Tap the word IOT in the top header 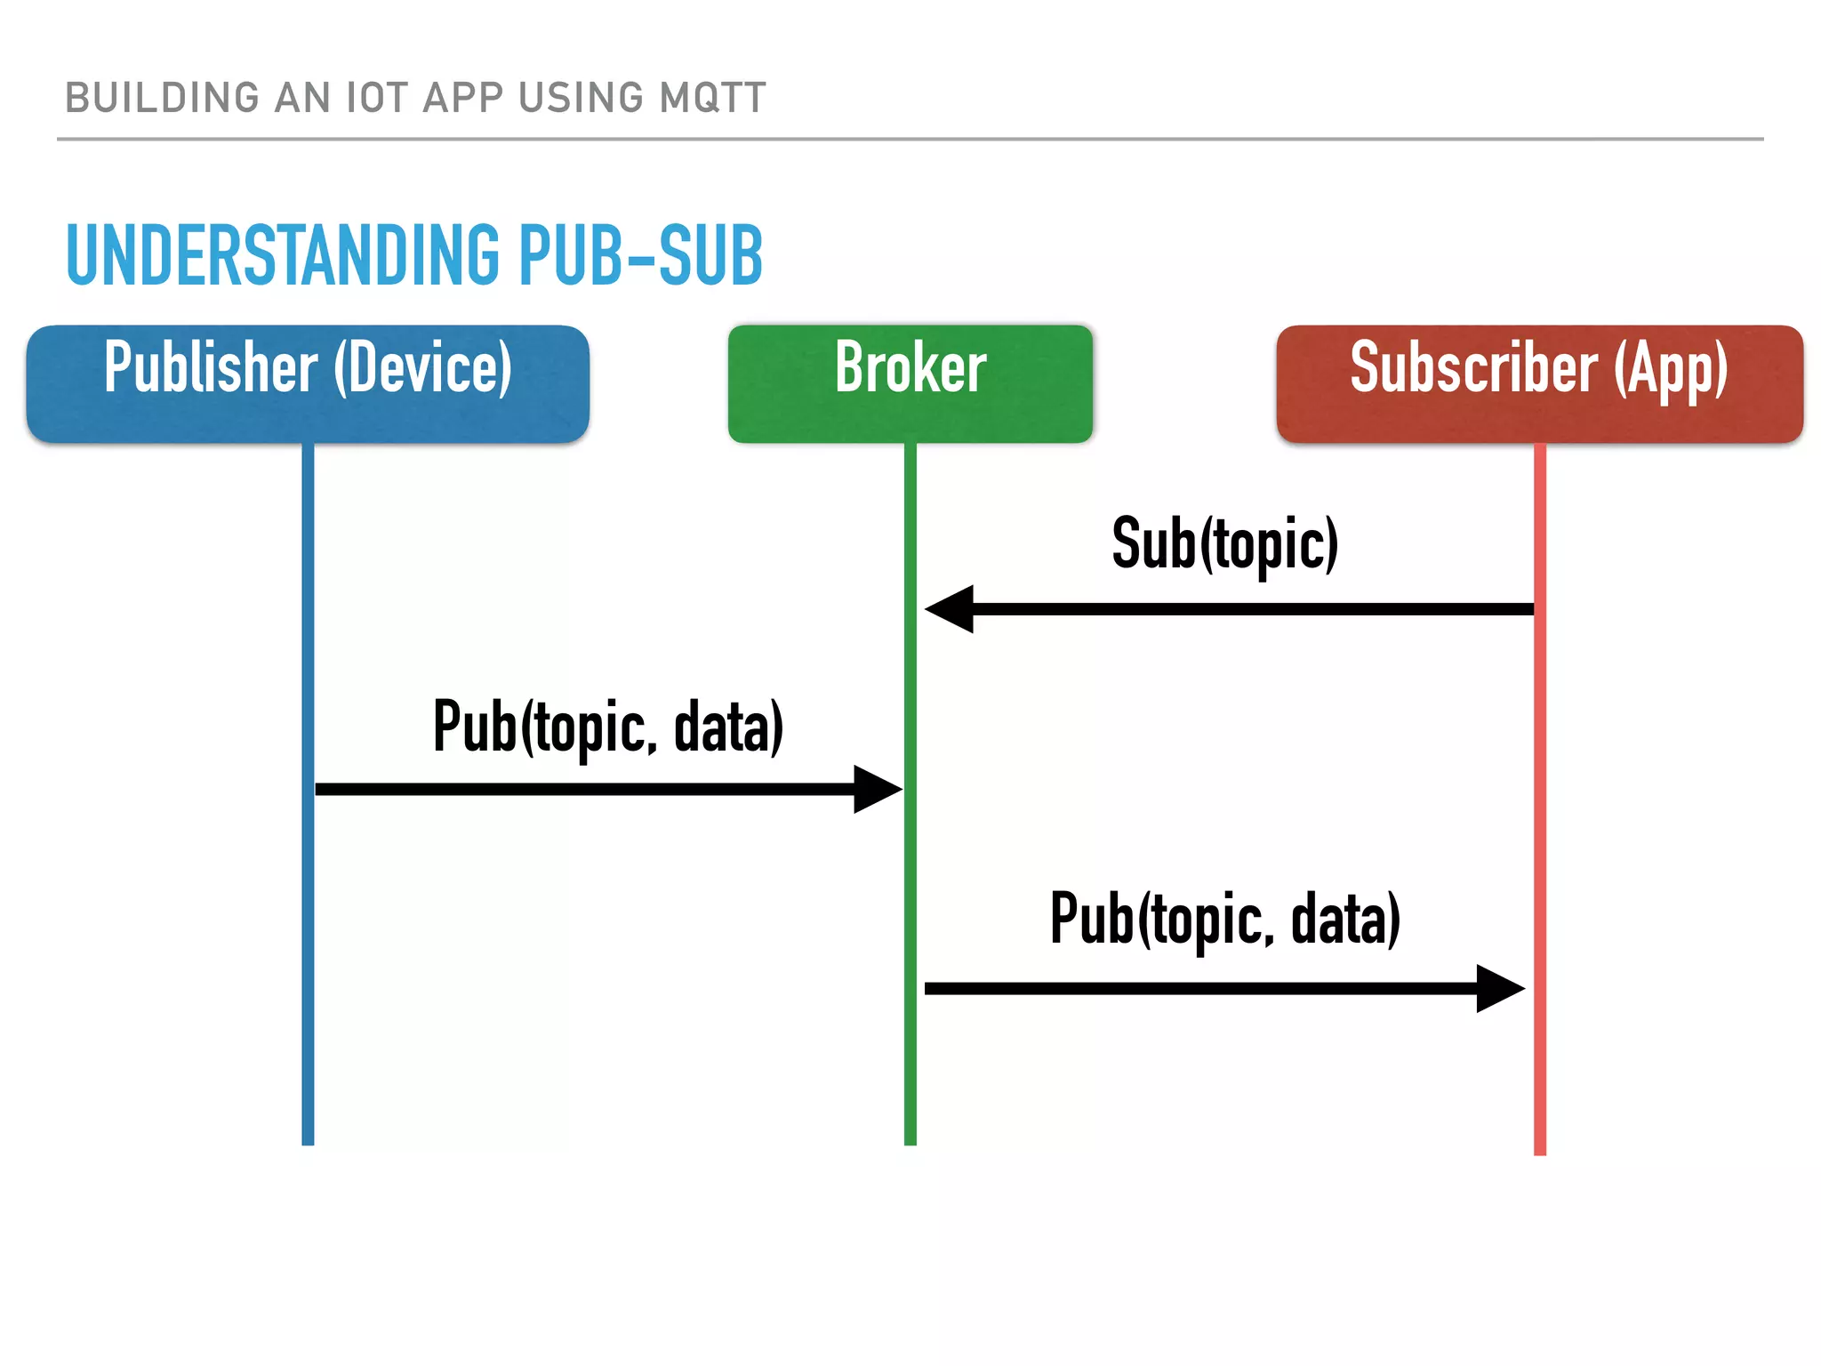377,98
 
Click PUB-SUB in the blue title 640,255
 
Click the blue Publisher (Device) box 308,383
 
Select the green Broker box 910,383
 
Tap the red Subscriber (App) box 1539,383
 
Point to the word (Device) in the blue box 423,368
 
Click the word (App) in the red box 1671,368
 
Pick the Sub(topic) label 1224,543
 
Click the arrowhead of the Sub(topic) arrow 948,609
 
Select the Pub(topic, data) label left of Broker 608,727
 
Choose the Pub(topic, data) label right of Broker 1224,919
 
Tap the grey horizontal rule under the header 910,139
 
